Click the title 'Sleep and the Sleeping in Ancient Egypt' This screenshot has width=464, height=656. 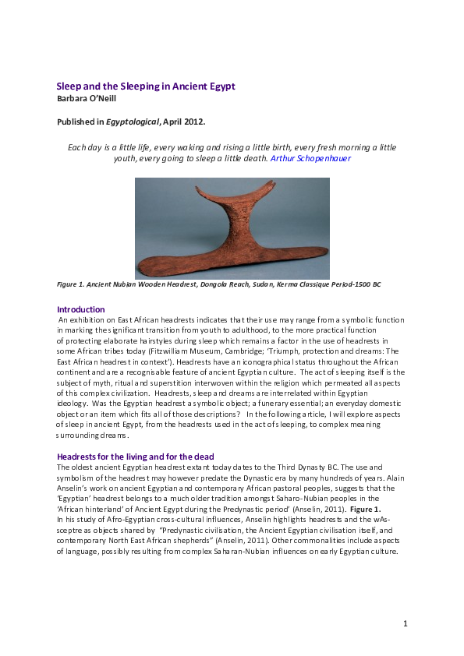146,86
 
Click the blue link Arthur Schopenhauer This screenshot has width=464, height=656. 310,158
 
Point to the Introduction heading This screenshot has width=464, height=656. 81,309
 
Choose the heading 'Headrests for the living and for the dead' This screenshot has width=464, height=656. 136,456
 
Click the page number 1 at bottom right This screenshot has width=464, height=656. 406,623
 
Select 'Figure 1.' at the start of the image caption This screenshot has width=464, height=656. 73,284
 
